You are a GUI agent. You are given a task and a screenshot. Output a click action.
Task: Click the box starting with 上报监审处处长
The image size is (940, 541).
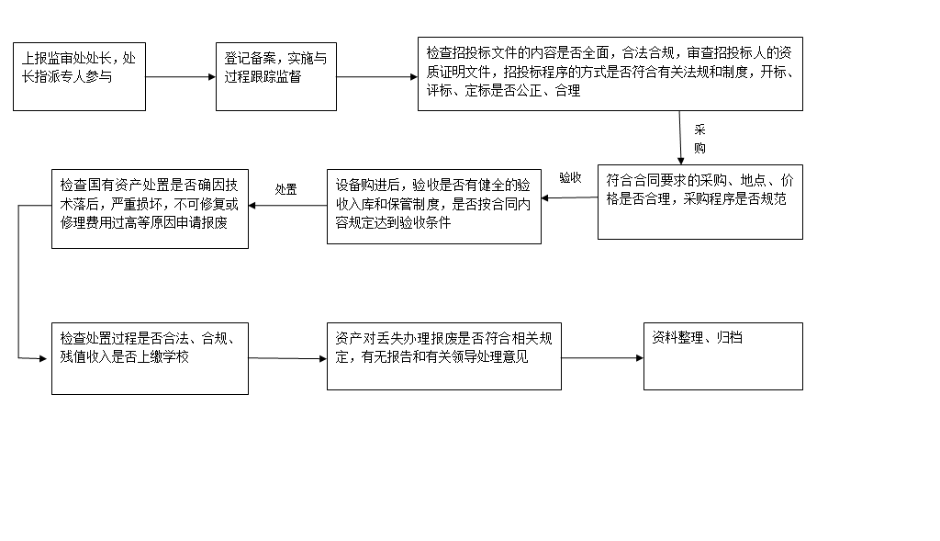(78, 76)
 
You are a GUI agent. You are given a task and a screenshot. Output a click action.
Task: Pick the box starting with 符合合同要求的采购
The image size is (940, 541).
(699, 202)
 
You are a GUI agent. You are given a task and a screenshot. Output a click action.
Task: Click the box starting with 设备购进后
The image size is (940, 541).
(433, 206)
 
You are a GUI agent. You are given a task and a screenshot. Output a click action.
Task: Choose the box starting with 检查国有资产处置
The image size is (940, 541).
(150, 208)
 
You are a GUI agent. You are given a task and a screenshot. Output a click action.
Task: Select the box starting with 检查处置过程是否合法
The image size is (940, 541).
(150, 358)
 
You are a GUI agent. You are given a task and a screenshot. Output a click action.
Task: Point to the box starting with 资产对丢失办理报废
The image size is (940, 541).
(443, 356)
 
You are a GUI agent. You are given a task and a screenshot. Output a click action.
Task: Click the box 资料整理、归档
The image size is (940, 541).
(722, 355)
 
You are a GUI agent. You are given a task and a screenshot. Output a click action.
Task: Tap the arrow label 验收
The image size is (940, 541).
(570, 177)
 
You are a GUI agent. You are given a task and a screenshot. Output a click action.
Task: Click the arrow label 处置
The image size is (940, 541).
(286, 189)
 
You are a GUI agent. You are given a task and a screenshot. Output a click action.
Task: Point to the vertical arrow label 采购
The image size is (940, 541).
(699, 138)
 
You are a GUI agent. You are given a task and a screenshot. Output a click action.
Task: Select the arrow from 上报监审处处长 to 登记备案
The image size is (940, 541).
(180, 76)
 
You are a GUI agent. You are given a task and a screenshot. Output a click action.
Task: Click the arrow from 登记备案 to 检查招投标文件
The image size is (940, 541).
(376, 76)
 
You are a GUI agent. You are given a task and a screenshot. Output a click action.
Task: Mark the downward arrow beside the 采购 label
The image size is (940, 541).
(680, 138)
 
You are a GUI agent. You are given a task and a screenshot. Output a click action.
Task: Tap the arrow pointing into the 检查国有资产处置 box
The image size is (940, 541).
(287, 205)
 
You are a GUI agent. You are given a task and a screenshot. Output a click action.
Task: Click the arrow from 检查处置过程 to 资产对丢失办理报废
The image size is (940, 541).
(287, 358)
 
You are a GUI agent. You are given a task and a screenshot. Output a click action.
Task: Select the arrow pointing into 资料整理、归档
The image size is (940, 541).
(602, 357)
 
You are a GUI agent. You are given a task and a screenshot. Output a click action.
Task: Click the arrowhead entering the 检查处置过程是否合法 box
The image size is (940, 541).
(42, 358)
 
